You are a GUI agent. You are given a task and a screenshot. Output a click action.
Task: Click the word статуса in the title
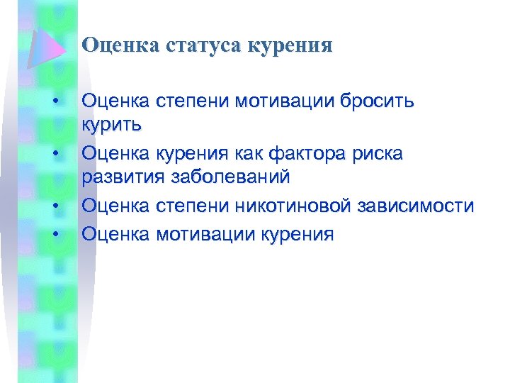(202, 46)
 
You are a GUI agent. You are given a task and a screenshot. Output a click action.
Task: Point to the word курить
(112, 126)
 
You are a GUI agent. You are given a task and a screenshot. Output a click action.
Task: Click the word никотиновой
(297, 206)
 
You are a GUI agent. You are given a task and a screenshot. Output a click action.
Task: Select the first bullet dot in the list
(55, 100)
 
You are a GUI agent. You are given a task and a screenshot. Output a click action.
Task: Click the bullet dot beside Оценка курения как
(55, 152)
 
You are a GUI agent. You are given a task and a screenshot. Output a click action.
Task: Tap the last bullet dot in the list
(55, 232)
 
